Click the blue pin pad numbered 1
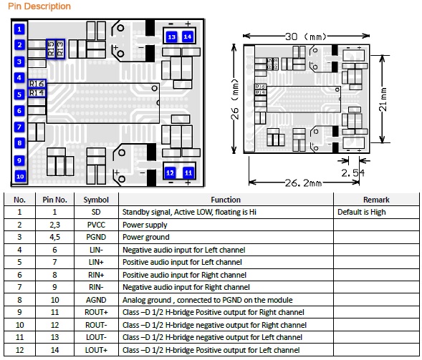(x=19, y=29)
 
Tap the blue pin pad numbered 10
(x=20, y=176)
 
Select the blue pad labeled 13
(x=172, y=37)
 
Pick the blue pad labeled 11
(x=188, y=172)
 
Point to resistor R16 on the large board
(x=37, y=84)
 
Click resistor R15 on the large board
(x=51, y=49)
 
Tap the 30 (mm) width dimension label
(x=306, y=37)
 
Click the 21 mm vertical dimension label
(x=383, y=99)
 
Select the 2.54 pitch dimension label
(x=353, y=173)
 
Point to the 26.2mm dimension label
(x=303, y=183)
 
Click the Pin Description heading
(x=39, y=6)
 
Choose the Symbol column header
(x=96, y=200)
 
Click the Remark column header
(x=376, y=200)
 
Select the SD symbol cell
(x=96, y=212)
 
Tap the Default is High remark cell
(x=361, y=212)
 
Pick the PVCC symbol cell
(x=96, y=225)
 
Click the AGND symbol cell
(x=96, y=300)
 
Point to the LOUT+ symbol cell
(x=96, y=350)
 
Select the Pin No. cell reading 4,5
(x=54, y=237)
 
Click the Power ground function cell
(x=146, y=237)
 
